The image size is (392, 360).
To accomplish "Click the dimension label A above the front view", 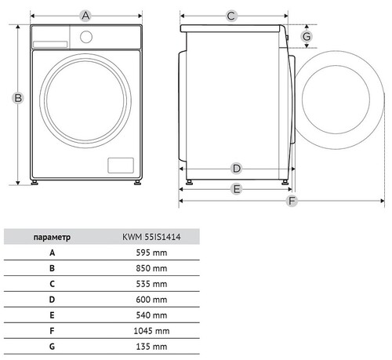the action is (x=85, y=16).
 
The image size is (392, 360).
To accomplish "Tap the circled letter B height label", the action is (x=18, y=98).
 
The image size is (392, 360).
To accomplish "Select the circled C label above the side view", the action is (x=231, y=16).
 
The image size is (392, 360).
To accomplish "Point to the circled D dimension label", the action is (x=237, y=169).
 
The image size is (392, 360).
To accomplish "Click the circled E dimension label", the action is (x=237, y=189).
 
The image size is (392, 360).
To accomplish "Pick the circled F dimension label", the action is (x=292, y=201).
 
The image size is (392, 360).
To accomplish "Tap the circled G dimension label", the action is (x=307, y=36).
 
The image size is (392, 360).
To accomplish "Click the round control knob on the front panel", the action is (x=86, y=37).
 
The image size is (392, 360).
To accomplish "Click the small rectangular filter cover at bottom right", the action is (x=121, y=165).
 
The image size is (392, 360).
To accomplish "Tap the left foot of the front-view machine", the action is (x=34, y=183).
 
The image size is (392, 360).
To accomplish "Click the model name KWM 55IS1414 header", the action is (x=151, y=237).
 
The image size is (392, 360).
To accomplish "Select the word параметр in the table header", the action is (x=52, y=238).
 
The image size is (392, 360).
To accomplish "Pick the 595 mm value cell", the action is (x=151, y=253).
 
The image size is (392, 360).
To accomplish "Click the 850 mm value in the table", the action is (x=151, y=268).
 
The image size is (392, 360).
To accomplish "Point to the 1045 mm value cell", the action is (x=151, y=331).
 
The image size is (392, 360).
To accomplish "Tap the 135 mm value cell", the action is (x=151, y=347).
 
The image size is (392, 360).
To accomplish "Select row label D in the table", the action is (x=52, y=300).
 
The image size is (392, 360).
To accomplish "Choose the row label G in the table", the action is (x=52, y=347).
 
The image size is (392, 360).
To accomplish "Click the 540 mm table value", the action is (x=151, y=315).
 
